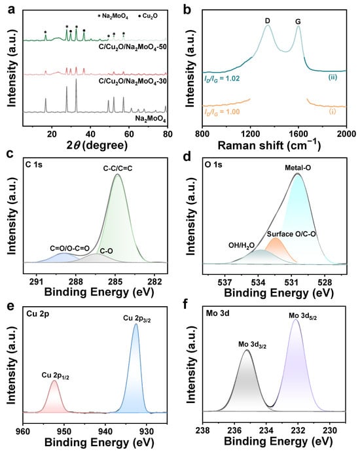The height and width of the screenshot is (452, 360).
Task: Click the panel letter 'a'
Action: [11, 10]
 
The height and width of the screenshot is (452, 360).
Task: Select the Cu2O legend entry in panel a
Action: [148, 16]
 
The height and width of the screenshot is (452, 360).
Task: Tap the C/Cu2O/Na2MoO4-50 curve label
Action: [133, 46]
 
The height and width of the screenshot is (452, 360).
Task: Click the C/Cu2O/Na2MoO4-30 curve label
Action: [133, 81]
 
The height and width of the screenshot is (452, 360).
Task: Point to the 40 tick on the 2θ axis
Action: [90, 134]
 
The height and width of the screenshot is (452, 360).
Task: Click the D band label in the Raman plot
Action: [268, 21]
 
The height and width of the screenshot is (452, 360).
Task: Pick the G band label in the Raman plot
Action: [298, 22]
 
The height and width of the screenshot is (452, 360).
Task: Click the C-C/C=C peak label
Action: [118, 168]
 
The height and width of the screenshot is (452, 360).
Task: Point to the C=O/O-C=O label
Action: [69, 248]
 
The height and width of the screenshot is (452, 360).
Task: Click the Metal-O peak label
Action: [298, 167]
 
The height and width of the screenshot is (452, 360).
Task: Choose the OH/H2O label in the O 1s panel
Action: [242, 245]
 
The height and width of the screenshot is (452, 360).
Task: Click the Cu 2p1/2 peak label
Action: [56, 375]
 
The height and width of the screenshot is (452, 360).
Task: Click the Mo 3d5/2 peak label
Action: [302, 316]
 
